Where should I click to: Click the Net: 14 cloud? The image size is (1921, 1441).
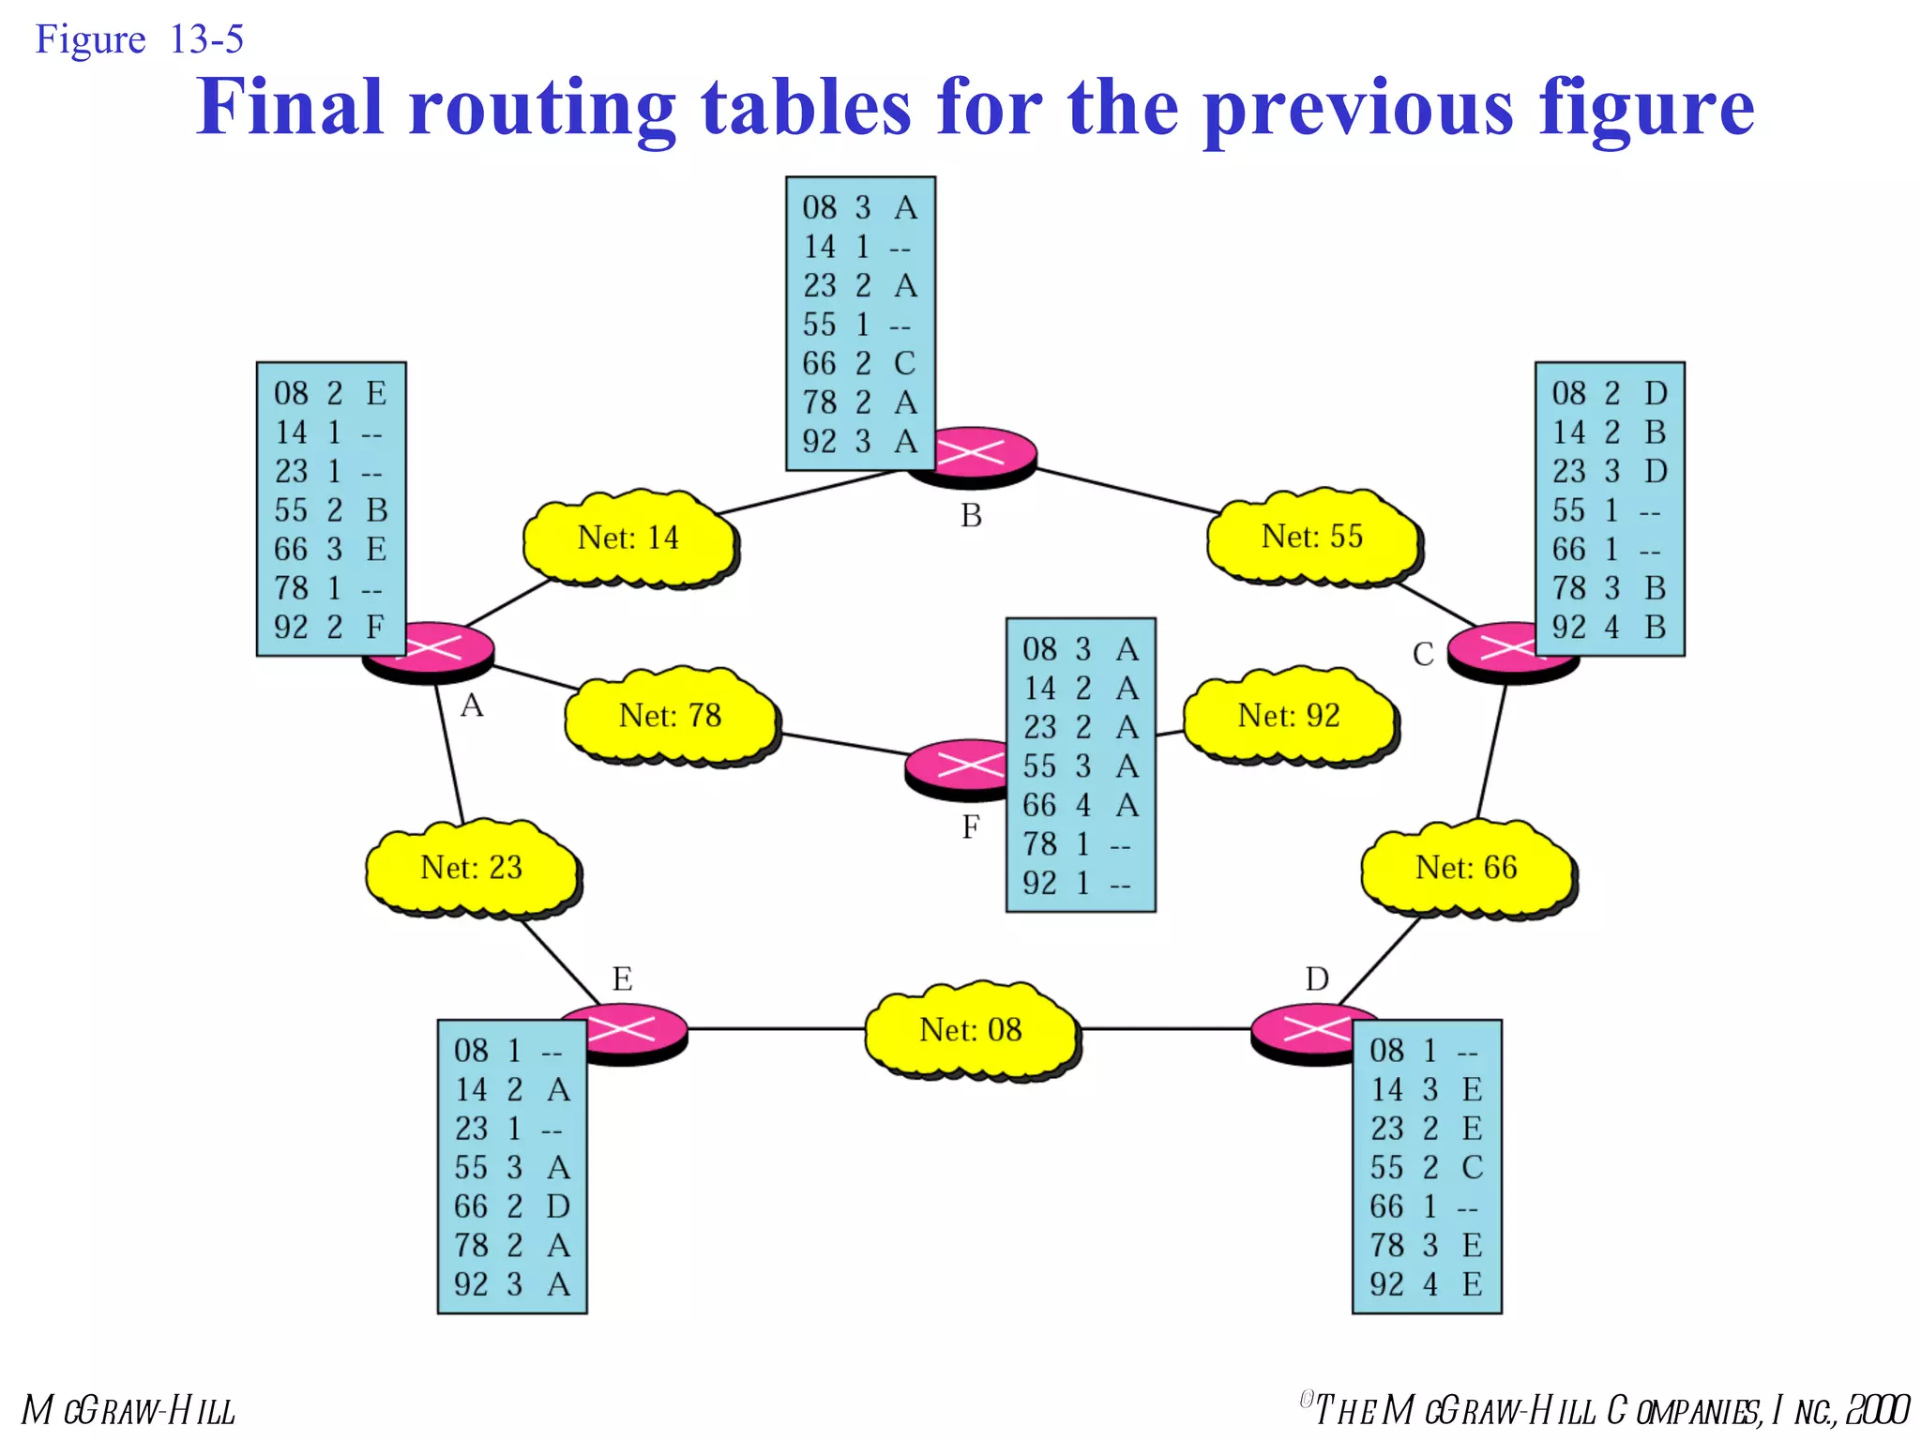[x=628, y=538]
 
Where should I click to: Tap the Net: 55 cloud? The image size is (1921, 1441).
[x=1312, y=538]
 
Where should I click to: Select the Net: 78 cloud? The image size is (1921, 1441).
[x=670, y=717]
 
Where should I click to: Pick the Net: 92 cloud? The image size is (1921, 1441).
[x=1289, y=717]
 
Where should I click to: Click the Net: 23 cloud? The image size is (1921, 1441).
[x=471, y=869]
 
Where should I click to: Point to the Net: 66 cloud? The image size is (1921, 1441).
[x=1466, y=869]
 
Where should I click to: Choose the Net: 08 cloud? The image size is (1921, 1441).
[x=971, y=1031]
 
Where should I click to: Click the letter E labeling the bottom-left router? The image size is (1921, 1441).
[x=622, y=979]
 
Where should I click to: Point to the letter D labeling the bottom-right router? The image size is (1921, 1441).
[x=1317, y=979]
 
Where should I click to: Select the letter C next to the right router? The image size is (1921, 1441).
[x=1423, y=655]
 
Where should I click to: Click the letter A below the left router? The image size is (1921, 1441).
[x=472, y=705]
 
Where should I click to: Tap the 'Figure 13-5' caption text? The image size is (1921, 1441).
[x=139, y=39]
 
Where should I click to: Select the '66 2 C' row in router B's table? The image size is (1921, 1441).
[x=858, y=364]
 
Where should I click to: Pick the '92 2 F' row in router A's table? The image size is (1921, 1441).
[x=329, y=627]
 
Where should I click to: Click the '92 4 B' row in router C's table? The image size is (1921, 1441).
[x=1608, y=627]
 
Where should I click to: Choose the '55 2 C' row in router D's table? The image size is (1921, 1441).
[x=1426, y=1168]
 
